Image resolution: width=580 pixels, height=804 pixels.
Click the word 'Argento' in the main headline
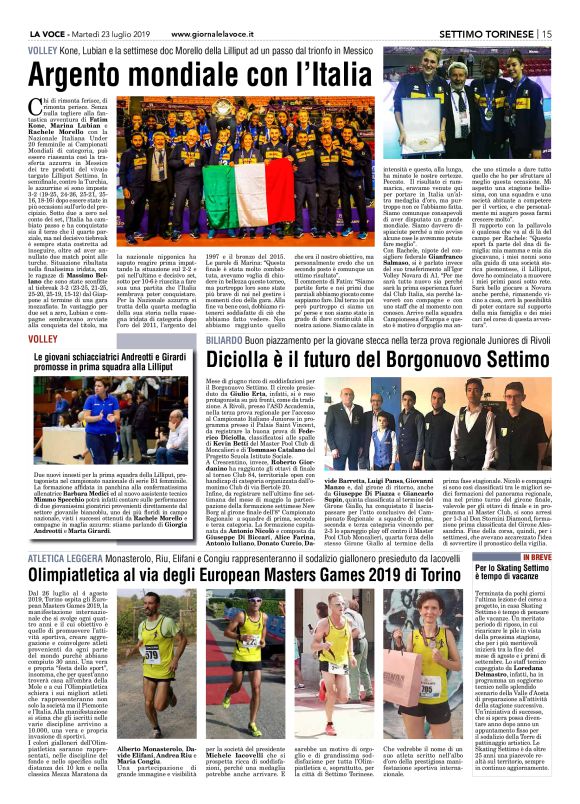(95, 74)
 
